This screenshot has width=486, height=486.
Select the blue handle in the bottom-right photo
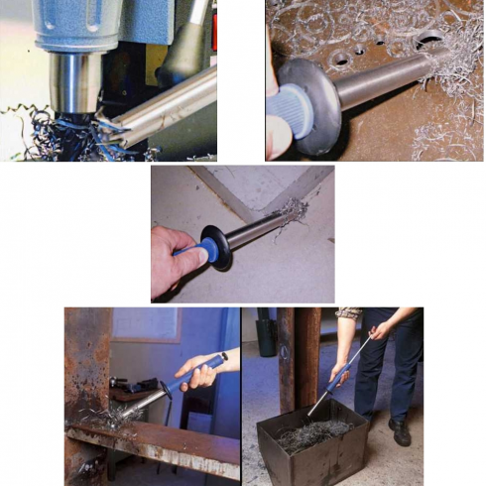click(x=341, y=374)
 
